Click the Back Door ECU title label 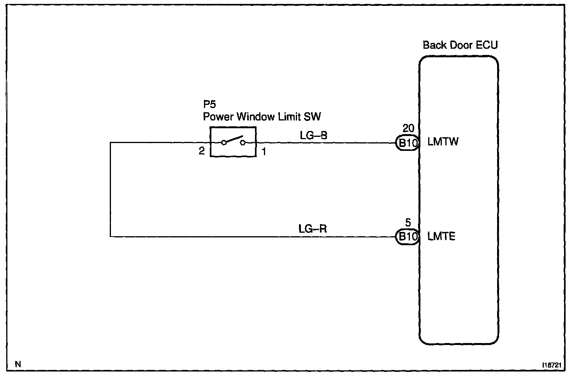460,45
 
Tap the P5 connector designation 209,104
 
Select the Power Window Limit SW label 262,117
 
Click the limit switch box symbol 233,142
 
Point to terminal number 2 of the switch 202,151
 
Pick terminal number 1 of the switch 264,152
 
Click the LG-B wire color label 313,135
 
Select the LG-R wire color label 313,228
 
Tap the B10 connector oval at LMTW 407,143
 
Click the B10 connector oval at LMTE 407,237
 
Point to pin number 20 408,128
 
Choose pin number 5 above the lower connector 408,222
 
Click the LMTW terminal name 443,142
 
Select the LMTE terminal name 441,236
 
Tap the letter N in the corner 18,364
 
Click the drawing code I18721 552,365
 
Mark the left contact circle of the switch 224,143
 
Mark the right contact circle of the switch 243,143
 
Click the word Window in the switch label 255,117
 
